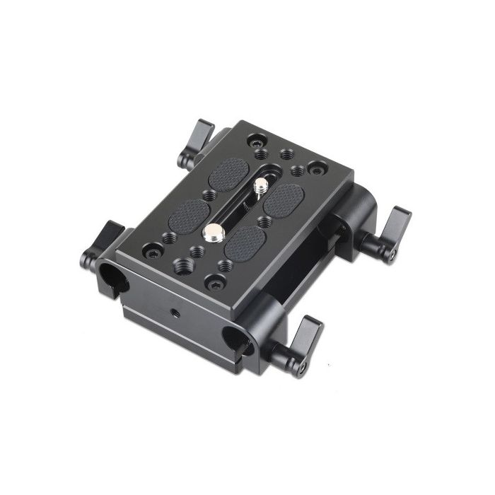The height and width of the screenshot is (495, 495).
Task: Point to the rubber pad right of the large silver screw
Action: [245, 243]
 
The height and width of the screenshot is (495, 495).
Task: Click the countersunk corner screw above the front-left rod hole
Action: [153, 250]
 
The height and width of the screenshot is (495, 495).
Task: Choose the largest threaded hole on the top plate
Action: [181, 265]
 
